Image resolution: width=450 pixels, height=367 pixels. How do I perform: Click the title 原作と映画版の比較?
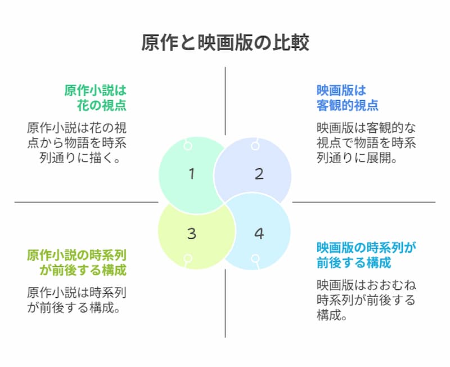pos(225,43)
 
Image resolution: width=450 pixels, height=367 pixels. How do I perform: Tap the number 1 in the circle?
pos(192,174)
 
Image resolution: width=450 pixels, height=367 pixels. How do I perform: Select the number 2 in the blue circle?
pos(259,174)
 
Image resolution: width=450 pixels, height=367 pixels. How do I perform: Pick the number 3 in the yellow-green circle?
pos(192,233)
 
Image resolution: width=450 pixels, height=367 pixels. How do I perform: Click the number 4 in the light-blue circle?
pos(259,233)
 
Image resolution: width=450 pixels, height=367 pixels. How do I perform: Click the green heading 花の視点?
pos(102,105)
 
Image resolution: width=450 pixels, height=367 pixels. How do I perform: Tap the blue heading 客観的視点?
pos(347,105)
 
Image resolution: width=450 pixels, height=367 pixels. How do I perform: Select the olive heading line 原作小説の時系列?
pos(76,255)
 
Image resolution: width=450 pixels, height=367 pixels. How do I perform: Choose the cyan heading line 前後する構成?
pos(354,262)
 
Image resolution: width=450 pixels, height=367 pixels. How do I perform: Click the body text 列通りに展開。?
pos(357,158)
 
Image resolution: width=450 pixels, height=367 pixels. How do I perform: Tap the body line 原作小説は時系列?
pos(76,293)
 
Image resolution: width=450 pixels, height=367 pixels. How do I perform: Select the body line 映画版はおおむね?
pos(366,285)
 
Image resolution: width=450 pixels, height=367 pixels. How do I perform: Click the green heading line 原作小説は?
pos(95,90)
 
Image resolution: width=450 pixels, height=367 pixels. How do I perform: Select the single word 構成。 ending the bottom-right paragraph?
pos(332,315)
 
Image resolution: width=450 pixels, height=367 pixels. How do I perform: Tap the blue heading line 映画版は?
pos(341,90)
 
